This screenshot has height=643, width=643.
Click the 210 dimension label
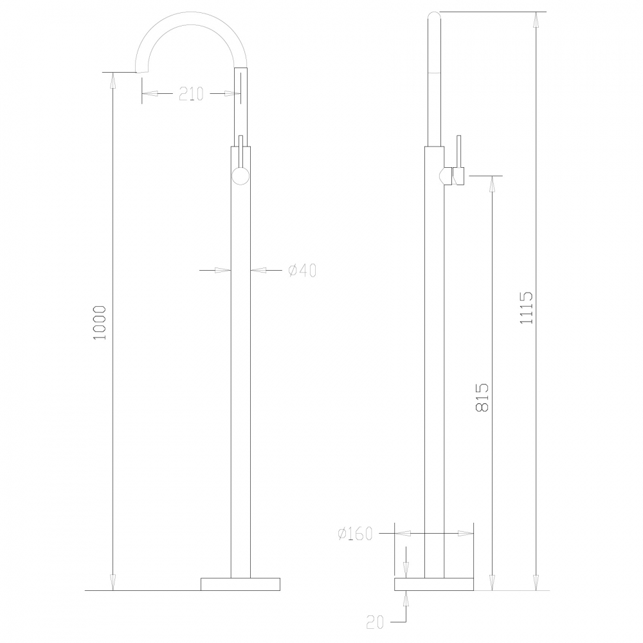tap(191, 94)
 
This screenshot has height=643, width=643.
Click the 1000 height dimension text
tap(100, 322)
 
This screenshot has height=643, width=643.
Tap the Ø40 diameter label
tap(302, 270)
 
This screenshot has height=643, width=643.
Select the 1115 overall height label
tap(526, 307)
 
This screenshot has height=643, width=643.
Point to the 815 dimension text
tap(482, 397)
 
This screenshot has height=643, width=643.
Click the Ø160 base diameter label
tap(355, 534)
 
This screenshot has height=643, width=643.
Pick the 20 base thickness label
tap(375, 622)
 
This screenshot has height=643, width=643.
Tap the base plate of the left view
tap(240, 584)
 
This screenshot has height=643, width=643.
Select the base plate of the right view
tap(434, 584)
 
